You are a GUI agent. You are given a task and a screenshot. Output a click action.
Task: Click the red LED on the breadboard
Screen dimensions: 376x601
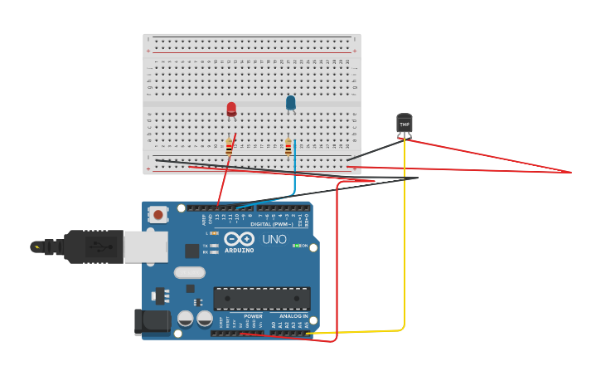[231, 109]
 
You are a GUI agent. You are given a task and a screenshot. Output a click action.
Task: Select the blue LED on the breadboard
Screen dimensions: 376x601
[290, 103]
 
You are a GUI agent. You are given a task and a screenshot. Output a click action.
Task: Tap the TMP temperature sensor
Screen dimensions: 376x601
[405, 124]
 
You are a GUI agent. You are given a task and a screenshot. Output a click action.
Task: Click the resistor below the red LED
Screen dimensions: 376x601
[230, 147]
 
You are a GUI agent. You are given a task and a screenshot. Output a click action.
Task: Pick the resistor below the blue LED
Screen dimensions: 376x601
[288, 147]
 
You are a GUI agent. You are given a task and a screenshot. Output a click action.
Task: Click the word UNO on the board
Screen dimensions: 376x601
[274, 240]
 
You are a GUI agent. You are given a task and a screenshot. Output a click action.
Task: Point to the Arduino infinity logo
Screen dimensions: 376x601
[239, 239]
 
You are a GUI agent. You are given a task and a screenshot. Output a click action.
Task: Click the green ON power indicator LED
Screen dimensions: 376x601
[296, 246]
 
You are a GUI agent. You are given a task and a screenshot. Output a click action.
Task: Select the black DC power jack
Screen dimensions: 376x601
[151, 322]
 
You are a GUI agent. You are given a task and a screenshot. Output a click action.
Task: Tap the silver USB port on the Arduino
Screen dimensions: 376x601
[146, 247]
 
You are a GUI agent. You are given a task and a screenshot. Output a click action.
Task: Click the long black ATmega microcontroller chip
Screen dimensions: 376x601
[262, 299]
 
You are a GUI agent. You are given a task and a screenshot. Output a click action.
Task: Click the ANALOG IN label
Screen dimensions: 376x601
[293, 316]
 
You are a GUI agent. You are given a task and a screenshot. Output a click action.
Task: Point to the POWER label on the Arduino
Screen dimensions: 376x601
[253, 316]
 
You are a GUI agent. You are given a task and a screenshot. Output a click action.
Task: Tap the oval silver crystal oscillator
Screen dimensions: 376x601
[189, 272]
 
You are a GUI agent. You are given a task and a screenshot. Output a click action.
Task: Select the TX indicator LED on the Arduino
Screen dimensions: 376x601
[214, 246]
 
